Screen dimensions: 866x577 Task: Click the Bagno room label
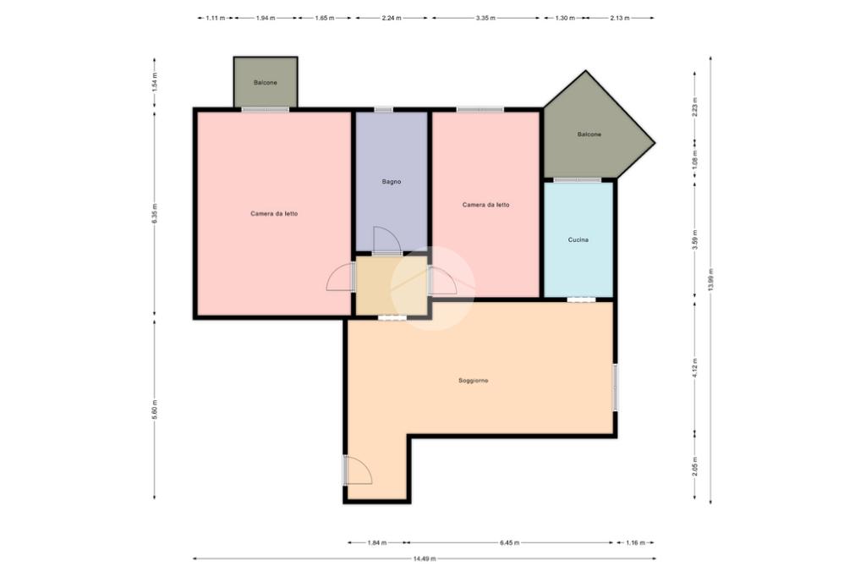(x=392, y=181)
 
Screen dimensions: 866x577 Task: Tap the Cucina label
(x=578, y=240)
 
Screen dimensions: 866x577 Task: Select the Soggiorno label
(x=474, y=380)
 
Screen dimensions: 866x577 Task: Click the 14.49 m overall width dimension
(x=425, y=558)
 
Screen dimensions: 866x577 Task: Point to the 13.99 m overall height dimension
(x=710, y=280)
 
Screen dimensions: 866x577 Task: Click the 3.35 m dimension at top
(x=485, y=18)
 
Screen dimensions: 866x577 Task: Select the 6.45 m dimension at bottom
(x=510, y=542)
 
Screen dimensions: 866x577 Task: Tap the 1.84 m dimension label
(x=377, y=542)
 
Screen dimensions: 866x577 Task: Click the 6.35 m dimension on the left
(x=155, y=213)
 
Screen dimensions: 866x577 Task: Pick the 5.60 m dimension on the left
(x=155, y=409)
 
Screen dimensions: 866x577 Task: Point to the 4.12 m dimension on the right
(x=695, y=367)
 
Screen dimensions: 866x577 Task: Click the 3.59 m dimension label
(x=695, y=239)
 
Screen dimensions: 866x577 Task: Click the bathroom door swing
(x=386, y=240)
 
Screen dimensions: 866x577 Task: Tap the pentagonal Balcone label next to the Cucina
(x=589, y=135)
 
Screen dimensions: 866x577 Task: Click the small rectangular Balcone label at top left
(x=265, y=82)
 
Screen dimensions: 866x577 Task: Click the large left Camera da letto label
(x=274, y=213)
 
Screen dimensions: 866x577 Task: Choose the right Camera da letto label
(x=486, y=205)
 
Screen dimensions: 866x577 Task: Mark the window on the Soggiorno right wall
(x=616, y=387)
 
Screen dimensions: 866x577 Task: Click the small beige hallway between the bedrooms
(x=392, y=285)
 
